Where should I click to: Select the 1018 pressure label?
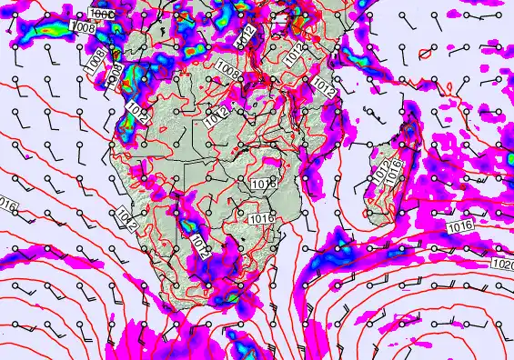(262, 184)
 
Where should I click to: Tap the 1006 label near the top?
(103, 15)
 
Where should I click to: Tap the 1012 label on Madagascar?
(381, 170)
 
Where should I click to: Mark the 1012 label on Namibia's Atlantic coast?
(126, 218)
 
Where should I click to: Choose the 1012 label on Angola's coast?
(136, 111)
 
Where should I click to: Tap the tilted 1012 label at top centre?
(245, 36)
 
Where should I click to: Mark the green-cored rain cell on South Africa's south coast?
(229, 296)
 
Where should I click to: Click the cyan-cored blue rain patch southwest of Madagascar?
(343, 242)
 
